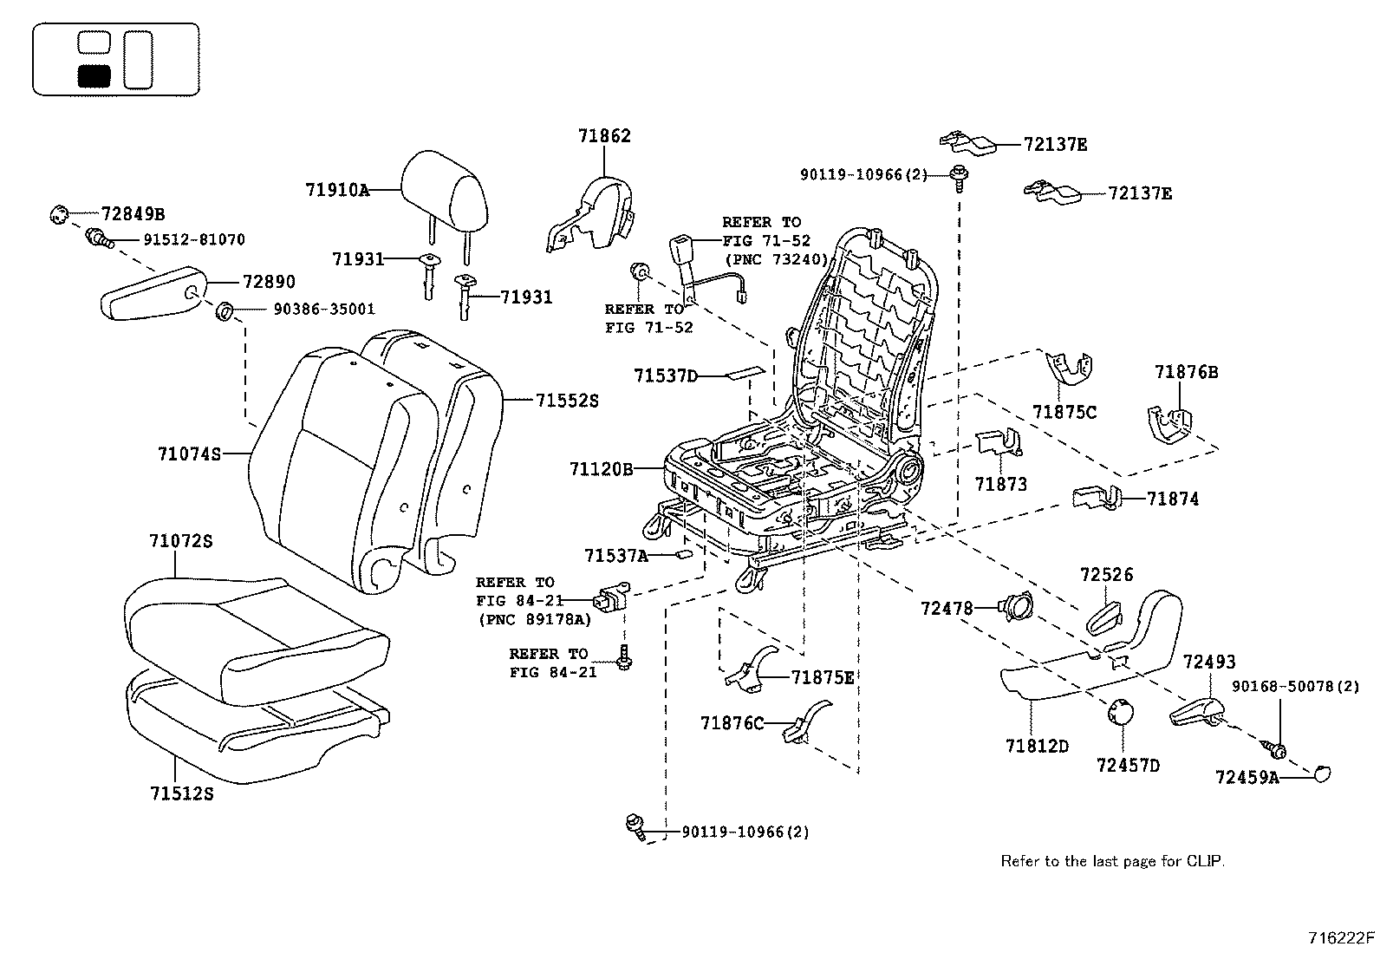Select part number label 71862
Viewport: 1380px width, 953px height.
604,136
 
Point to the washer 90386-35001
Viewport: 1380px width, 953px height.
224,310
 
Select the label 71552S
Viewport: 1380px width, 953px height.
567,401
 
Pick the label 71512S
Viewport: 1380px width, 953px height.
180,793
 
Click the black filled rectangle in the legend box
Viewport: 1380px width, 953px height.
94,75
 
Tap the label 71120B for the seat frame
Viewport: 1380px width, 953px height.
602,469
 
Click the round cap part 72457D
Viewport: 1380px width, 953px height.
1118,711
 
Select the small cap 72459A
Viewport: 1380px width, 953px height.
1321,773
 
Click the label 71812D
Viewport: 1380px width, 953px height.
1037,746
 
